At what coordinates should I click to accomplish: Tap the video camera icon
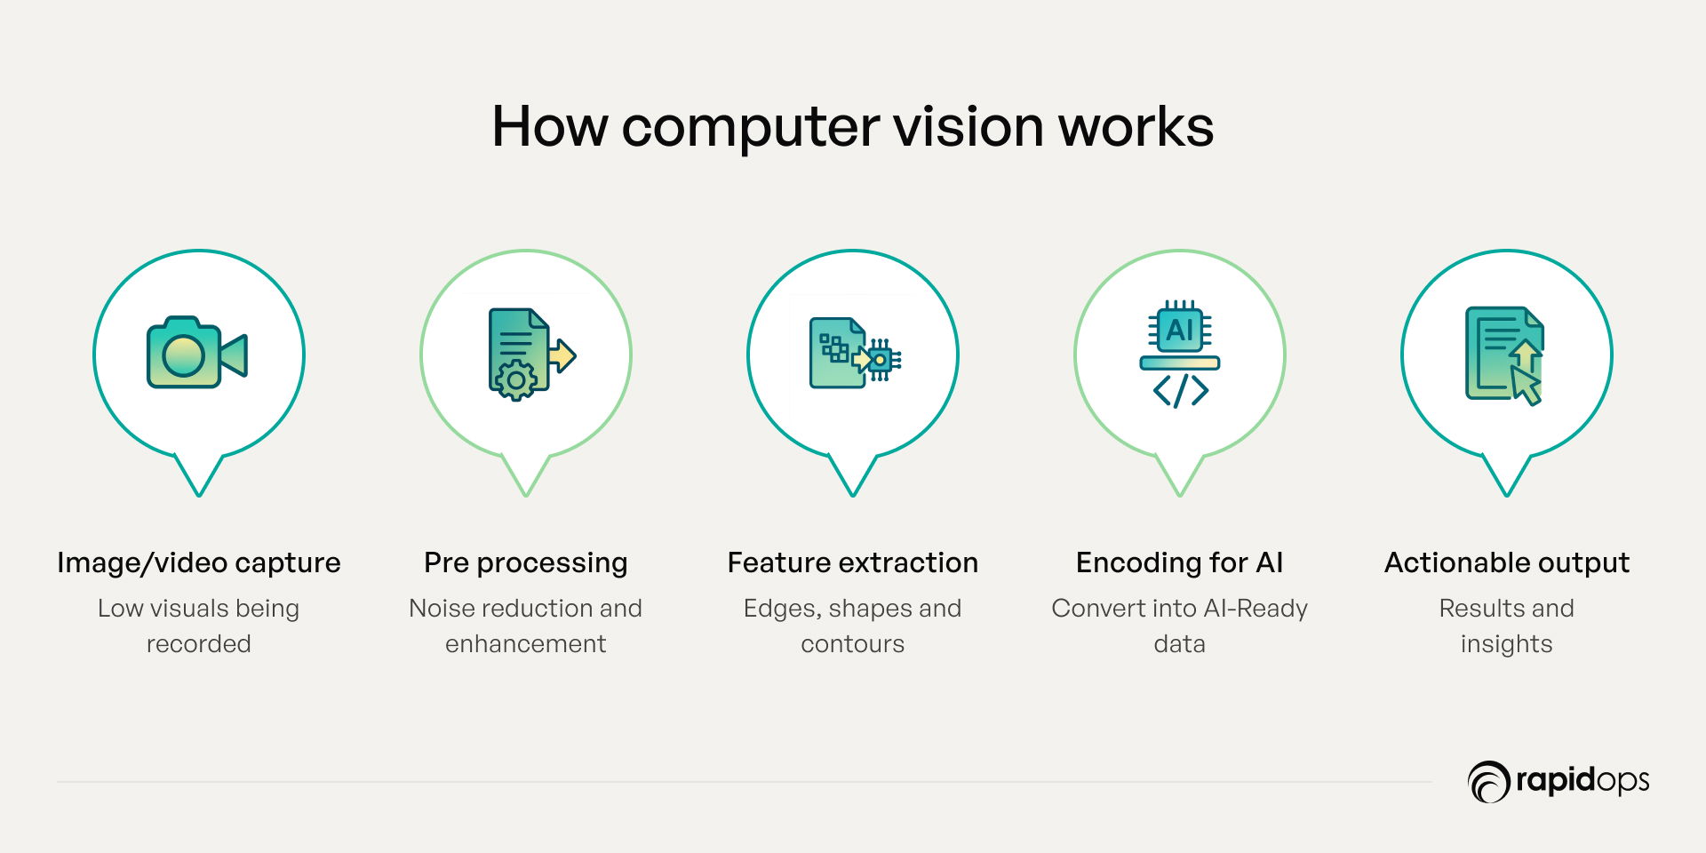click(196, 354)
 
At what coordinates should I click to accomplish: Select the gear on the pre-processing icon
click(515, 380)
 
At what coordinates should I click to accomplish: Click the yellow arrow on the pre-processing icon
click(562, 355)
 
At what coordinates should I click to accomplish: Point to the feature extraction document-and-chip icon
click(854, 355)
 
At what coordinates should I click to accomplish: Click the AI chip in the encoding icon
click(1179, 330)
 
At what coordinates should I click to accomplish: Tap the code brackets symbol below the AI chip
click(1180, 390)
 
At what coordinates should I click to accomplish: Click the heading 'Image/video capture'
click(199, 562)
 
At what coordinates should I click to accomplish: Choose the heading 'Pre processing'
click(526, 562)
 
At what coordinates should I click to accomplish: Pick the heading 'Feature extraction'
click(853, 562)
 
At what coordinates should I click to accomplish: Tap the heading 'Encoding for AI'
click(1180, 562)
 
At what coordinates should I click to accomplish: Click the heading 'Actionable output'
click(1507, 562)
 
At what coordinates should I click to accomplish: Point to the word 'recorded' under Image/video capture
click(199, 643)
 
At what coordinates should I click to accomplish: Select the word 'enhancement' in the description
click(526, 643)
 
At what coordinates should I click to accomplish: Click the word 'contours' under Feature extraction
click(853, 643)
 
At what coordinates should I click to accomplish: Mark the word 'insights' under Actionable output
click(1507, 643)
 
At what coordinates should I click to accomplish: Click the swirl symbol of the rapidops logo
click(1488, 782)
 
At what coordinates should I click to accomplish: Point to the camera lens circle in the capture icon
click(183, 355)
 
